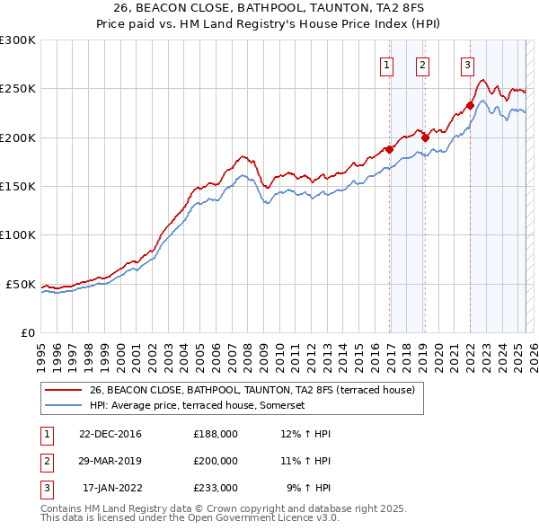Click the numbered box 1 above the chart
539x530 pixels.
(x=386, y=65)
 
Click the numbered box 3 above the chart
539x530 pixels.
(x=467, y=65)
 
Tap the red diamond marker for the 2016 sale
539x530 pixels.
(x=389, y=149)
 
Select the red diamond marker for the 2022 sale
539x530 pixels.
(x=470, y=105)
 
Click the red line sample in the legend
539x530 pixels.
(x=62, y=391)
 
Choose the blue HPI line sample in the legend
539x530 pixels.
(x=62, y=405)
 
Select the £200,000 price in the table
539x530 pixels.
(x=216, y=461)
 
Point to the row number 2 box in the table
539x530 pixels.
(x=46, y=461)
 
